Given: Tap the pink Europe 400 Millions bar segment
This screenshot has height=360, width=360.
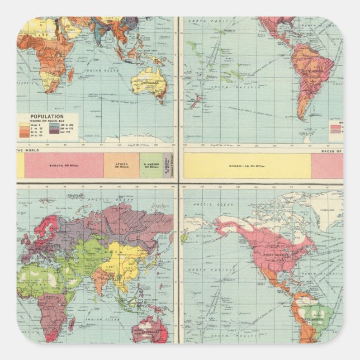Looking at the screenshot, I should (64, 165).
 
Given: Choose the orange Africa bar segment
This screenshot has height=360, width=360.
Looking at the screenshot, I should (121, 165).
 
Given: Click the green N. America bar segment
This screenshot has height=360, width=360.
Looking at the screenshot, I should (150, 165).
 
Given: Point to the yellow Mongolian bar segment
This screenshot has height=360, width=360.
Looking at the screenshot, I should (247, 166).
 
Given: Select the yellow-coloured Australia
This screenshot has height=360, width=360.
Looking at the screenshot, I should (148, 82).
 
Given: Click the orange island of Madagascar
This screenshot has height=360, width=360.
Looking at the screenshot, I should (71, 75).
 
